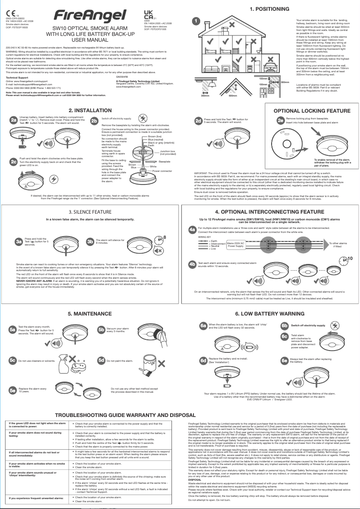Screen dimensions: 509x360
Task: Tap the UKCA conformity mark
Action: (149, 14)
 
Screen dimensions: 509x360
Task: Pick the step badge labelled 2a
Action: (13, 119)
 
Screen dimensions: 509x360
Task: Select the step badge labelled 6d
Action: (203, 360)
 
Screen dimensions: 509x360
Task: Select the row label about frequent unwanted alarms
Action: (36, 498)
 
